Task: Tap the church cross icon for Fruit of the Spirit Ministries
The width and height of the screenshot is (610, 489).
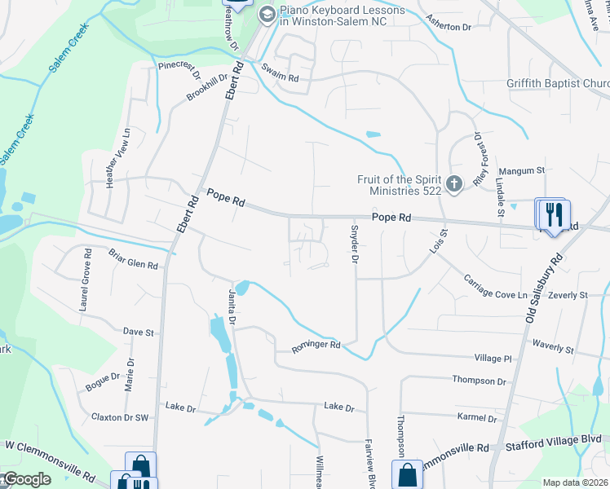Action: [x=455, y=185]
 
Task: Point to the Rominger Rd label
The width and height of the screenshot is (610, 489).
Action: [x=314, y=348]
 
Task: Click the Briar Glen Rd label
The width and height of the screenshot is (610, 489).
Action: [x=132, y=258]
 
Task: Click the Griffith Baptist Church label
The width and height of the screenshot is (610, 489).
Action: [x=556, y=83]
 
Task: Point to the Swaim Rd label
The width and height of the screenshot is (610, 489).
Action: [x=281, y=77]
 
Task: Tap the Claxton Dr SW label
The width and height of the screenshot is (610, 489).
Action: [x=120, y=417]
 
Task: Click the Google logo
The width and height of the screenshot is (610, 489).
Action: [x=26, y=479]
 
